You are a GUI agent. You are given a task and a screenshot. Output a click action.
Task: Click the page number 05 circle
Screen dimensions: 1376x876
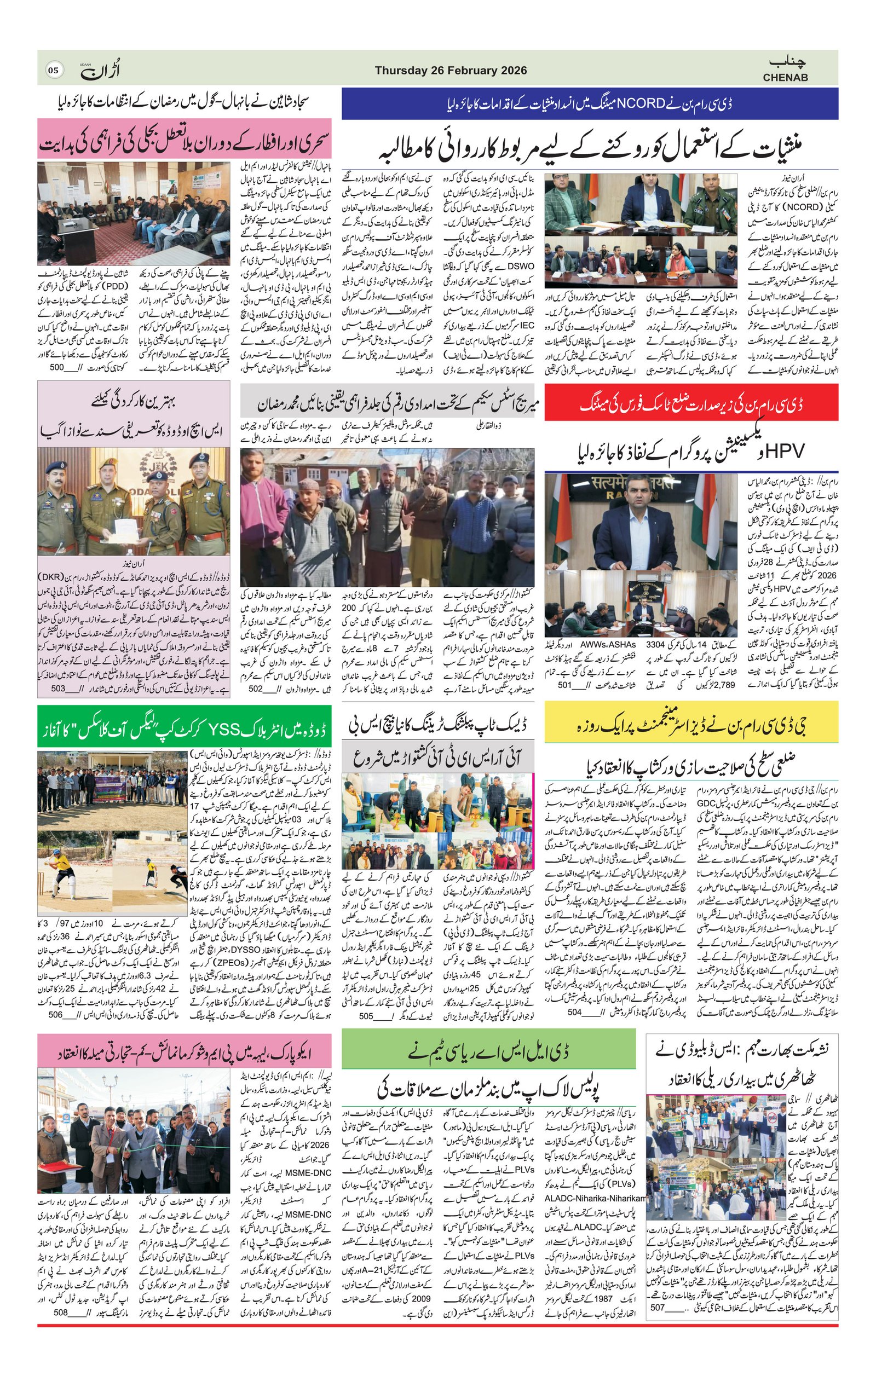click(x=53, y=71)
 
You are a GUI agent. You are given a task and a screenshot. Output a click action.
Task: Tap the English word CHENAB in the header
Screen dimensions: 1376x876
click(x=785, y=78)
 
